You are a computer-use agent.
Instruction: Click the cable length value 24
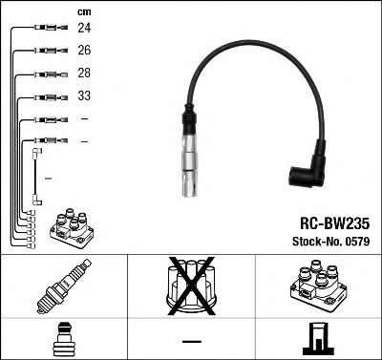click(84, 29)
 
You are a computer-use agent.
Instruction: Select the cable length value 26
click(84, 51)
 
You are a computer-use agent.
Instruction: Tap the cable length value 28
click(84, 74)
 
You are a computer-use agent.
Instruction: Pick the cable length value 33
click(84, 96)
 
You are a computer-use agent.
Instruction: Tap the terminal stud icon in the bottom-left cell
click(63, 338)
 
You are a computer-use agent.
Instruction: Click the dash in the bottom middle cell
click(191, 340)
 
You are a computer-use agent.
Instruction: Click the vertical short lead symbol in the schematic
click(37, 176)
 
